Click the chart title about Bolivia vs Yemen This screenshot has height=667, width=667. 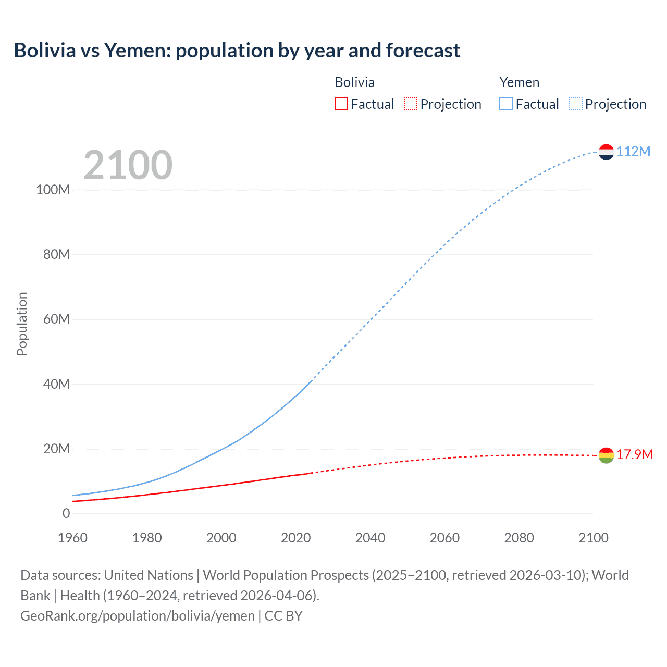[237, 51]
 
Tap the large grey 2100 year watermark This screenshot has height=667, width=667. [128, 165]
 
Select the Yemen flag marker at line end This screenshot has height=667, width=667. [606, 152]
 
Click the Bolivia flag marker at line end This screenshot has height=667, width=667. [606, 455]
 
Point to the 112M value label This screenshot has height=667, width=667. [633, 151]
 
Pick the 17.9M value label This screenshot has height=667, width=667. [634, 454]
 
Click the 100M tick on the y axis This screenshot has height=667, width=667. [53, 190]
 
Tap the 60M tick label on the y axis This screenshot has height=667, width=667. [56, 319]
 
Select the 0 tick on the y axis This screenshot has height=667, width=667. [66, 513]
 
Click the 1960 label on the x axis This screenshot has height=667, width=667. [72, 538]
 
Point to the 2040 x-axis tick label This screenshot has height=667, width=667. [370, 538]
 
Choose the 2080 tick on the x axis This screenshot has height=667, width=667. [519, 538]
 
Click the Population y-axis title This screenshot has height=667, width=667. [22, 324]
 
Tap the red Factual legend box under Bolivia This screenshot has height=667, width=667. [341, 104]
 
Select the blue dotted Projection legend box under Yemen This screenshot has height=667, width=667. [575, 104]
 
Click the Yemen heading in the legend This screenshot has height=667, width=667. [519, 82]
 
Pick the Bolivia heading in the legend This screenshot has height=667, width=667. [354, 82]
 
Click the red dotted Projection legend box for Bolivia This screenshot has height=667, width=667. [410, 104]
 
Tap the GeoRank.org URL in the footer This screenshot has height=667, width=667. [138, 615]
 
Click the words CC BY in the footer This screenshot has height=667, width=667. [283, 615]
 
